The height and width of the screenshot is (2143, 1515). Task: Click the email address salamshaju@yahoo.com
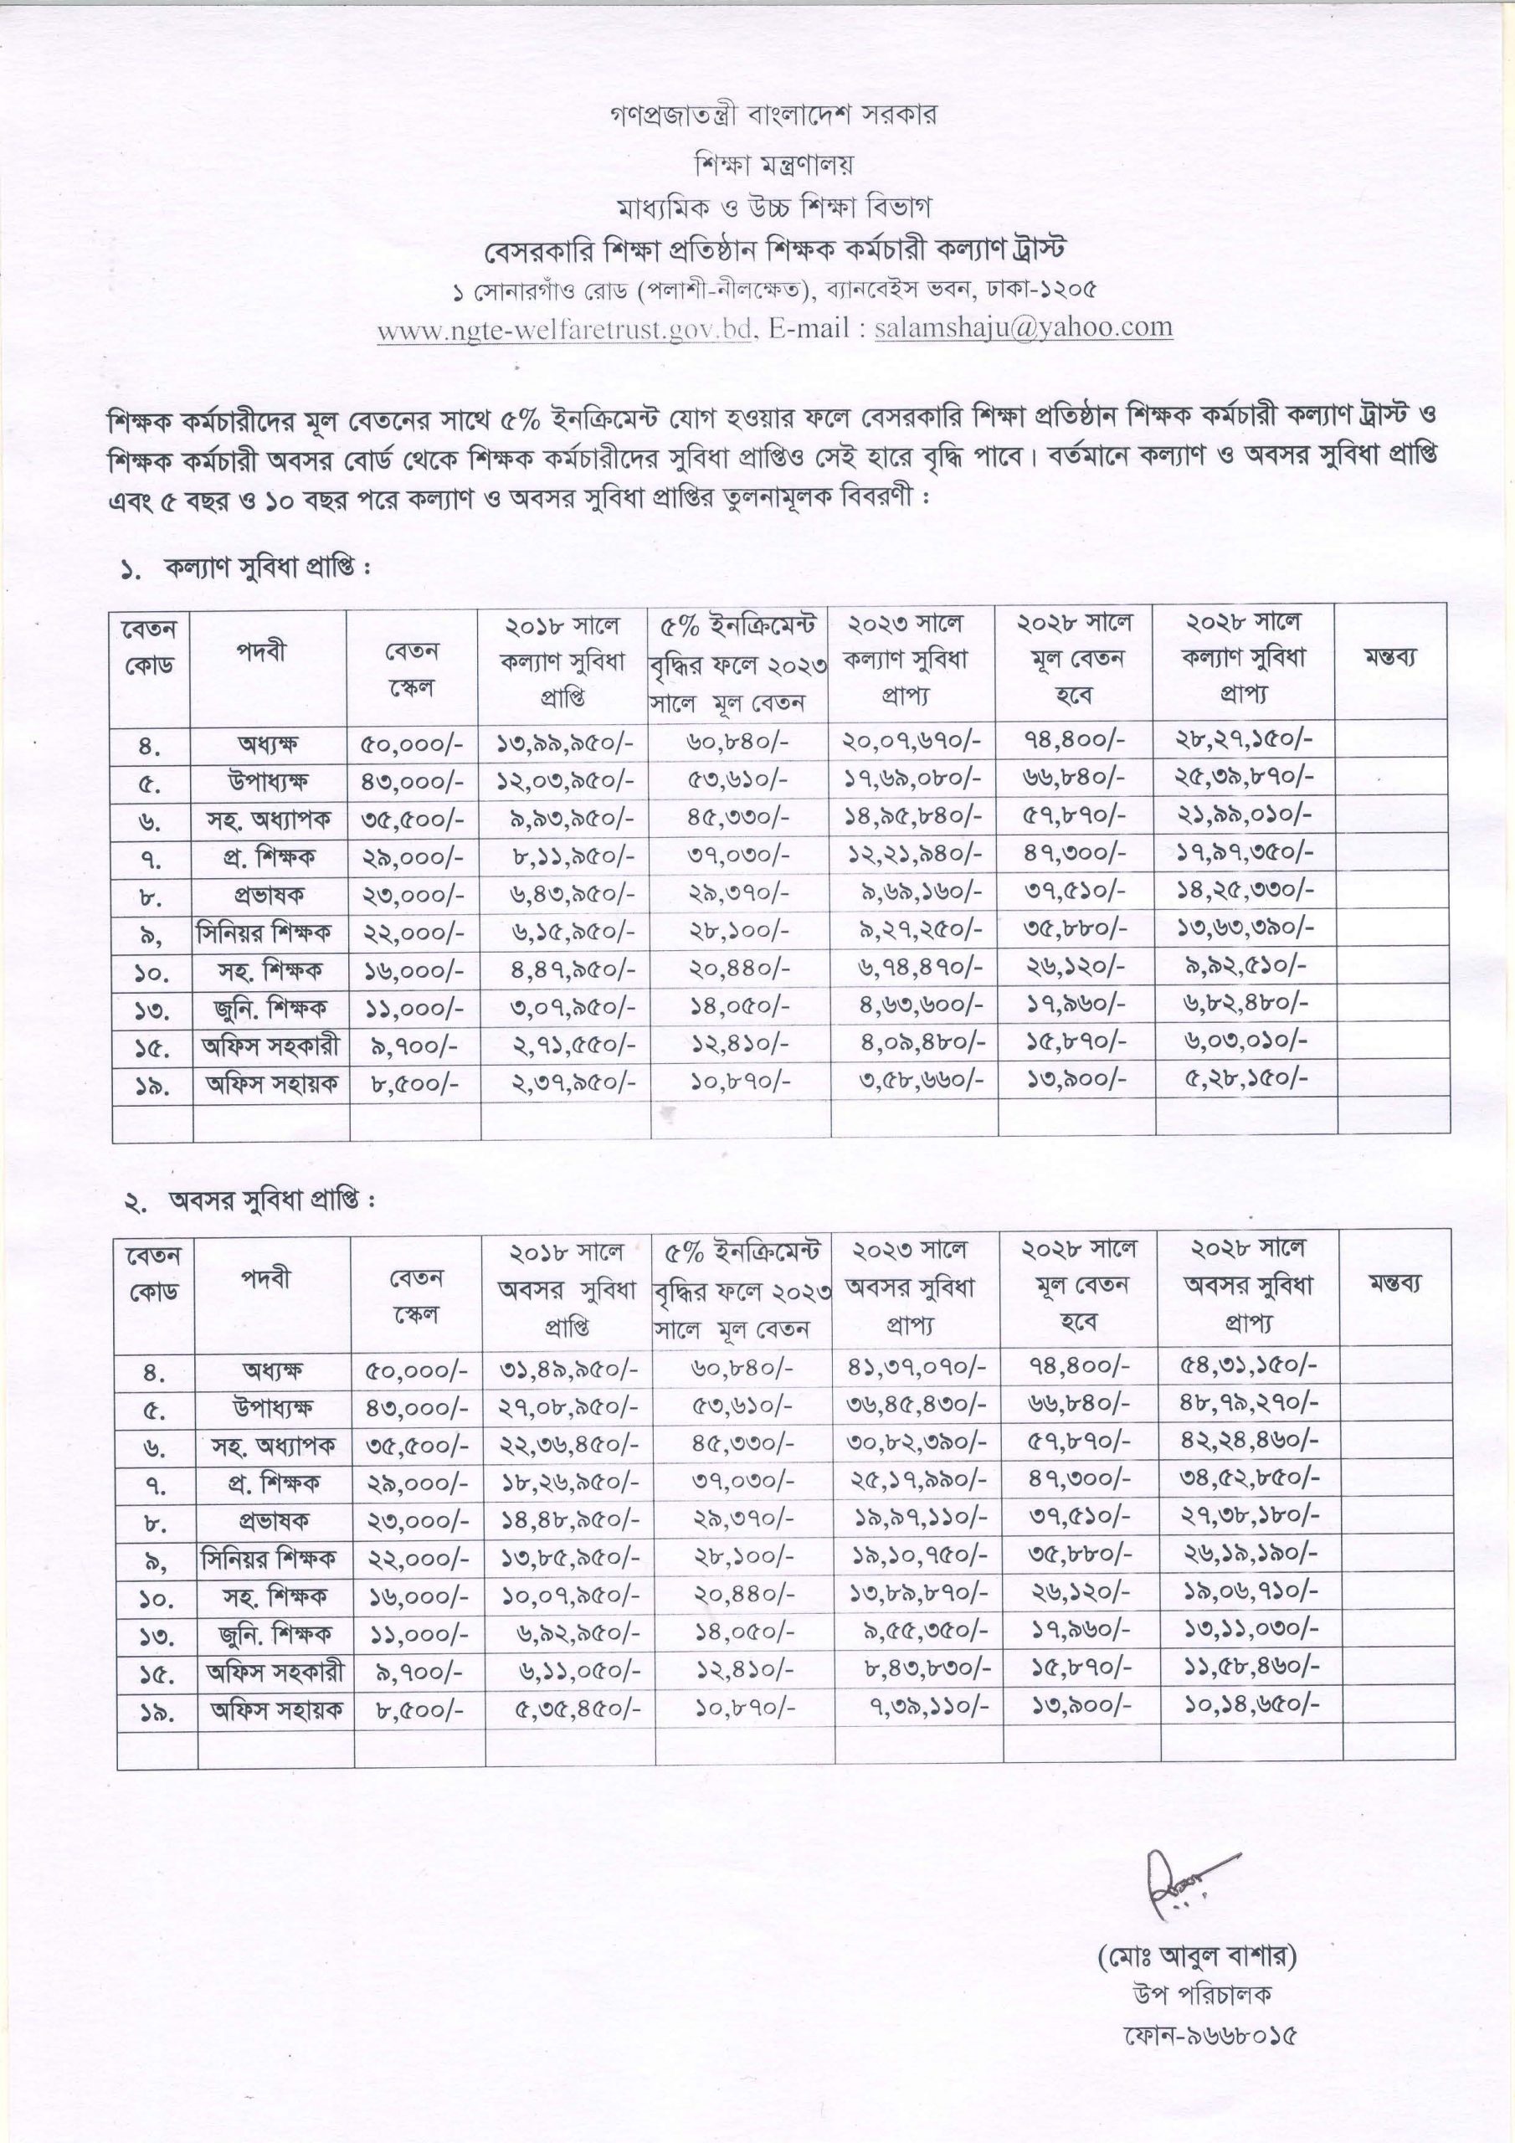click(x=1023, y=327)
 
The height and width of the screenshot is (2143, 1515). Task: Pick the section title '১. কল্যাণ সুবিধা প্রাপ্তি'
click(x=248, y=568)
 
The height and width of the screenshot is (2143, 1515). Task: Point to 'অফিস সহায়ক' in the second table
click(x=276, y=1709)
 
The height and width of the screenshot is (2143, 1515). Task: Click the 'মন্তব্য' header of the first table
click(x=1391, y=656)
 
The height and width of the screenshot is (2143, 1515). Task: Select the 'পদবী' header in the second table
click(x=268, y=1277)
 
